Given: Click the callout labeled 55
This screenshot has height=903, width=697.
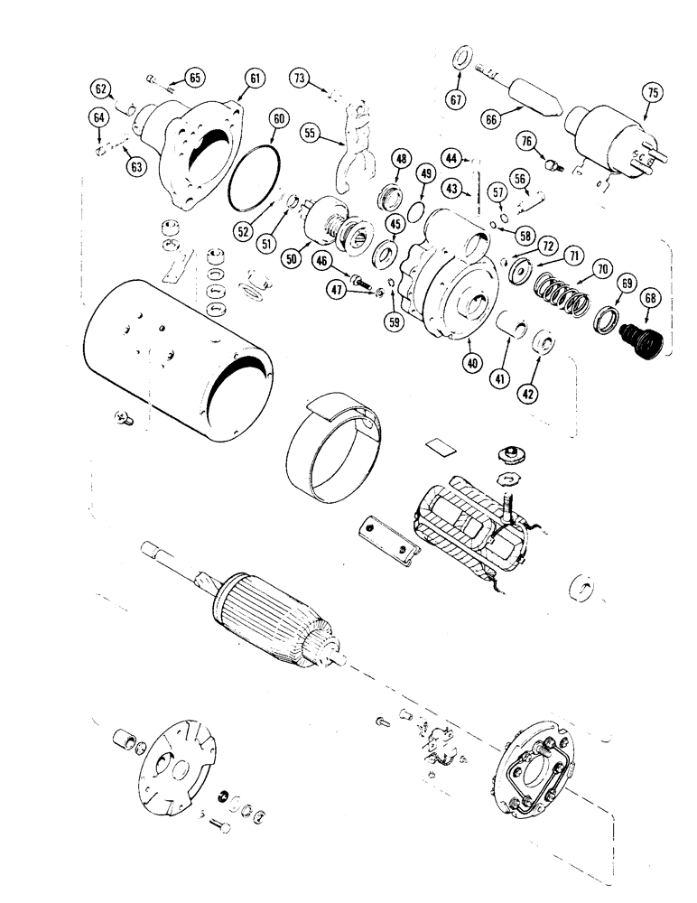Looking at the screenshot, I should coord(311,132).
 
